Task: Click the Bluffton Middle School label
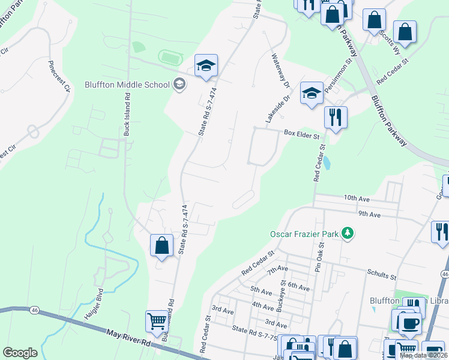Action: pos(127,85)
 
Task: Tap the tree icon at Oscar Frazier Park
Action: pos(347,233)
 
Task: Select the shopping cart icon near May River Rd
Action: pos(157,321)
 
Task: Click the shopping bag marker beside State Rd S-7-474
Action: pos(161,245)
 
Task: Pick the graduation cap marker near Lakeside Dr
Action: pos(312,93)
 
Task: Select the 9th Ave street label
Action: pos(370,214)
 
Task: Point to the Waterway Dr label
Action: pos(280,70)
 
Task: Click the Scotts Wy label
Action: pos(387,42)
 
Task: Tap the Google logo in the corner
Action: pos(20,353)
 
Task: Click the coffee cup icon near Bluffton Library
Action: pos(410,324)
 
